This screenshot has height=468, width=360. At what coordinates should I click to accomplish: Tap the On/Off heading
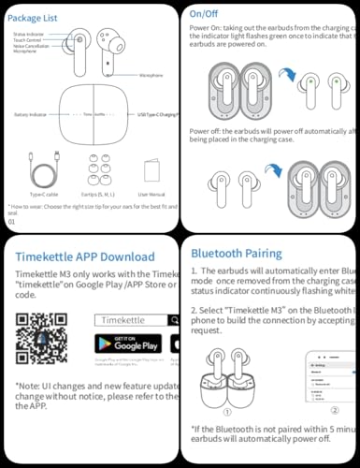coord(206,14)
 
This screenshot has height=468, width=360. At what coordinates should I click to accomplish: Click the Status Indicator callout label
coord(28,34)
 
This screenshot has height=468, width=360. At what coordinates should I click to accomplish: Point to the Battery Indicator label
coord(31,114)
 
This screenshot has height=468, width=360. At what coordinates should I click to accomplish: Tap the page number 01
coord(11,221)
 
